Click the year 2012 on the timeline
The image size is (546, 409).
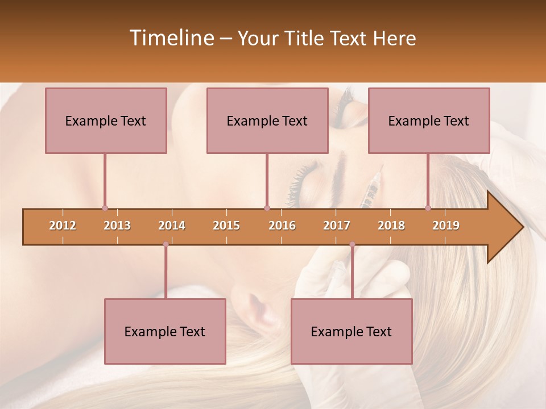[63, 226]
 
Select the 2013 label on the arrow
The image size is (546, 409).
[117, 226]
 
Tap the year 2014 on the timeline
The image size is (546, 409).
[172, 226]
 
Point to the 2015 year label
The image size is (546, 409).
[226, 226]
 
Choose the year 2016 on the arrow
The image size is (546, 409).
[282, 226]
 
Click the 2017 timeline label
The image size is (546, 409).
[337, 226]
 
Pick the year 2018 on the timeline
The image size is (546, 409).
[391, 226]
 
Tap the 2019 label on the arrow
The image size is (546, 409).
[446, 226]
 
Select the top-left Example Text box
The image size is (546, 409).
[106, 120]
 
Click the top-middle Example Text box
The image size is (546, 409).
[267, 120]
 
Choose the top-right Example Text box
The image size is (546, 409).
[429, 120]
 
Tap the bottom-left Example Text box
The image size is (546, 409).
[165, 331]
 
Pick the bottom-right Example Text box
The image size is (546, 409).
[351, 331]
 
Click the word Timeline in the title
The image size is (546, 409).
[171, 38]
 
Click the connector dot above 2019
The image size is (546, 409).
[428, 208]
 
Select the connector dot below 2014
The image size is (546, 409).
[166, 244]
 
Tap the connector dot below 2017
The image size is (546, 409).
[352, 244]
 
